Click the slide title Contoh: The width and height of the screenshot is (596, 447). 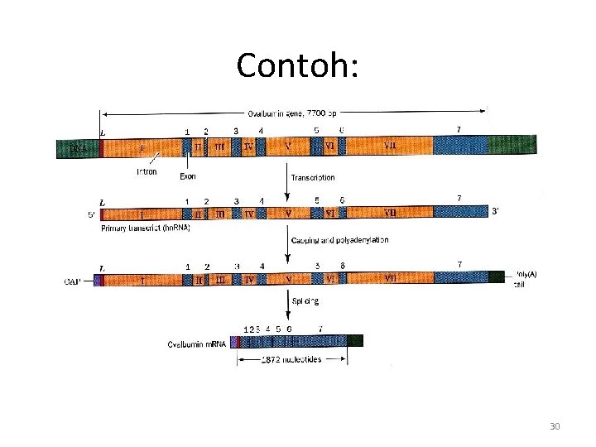297,65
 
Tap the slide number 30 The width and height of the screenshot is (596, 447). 555,426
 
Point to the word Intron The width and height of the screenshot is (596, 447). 147,172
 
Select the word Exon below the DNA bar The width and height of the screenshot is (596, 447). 189,176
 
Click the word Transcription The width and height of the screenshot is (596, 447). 312,177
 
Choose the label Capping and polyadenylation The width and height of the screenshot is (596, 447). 339,240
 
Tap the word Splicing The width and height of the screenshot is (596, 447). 305,301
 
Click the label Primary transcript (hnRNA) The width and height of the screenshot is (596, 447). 144,228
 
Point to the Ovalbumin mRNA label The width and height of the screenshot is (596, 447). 197,344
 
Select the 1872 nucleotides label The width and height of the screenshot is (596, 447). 291,359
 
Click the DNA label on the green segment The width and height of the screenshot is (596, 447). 78,147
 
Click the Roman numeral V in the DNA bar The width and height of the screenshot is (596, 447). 287,147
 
